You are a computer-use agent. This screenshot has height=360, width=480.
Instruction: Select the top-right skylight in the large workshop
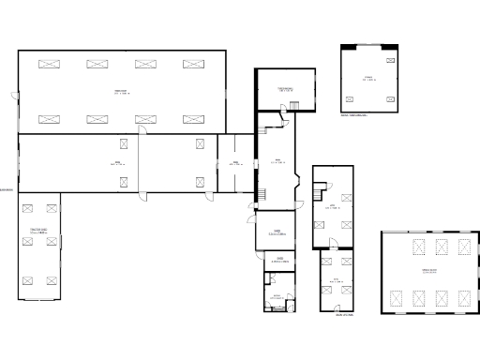[x=193, y=64]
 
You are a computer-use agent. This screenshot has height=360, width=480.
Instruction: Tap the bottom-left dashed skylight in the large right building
[x=396, y=298]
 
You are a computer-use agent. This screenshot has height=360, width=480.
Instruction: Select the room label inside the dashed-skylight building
[x=428, y=272]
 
